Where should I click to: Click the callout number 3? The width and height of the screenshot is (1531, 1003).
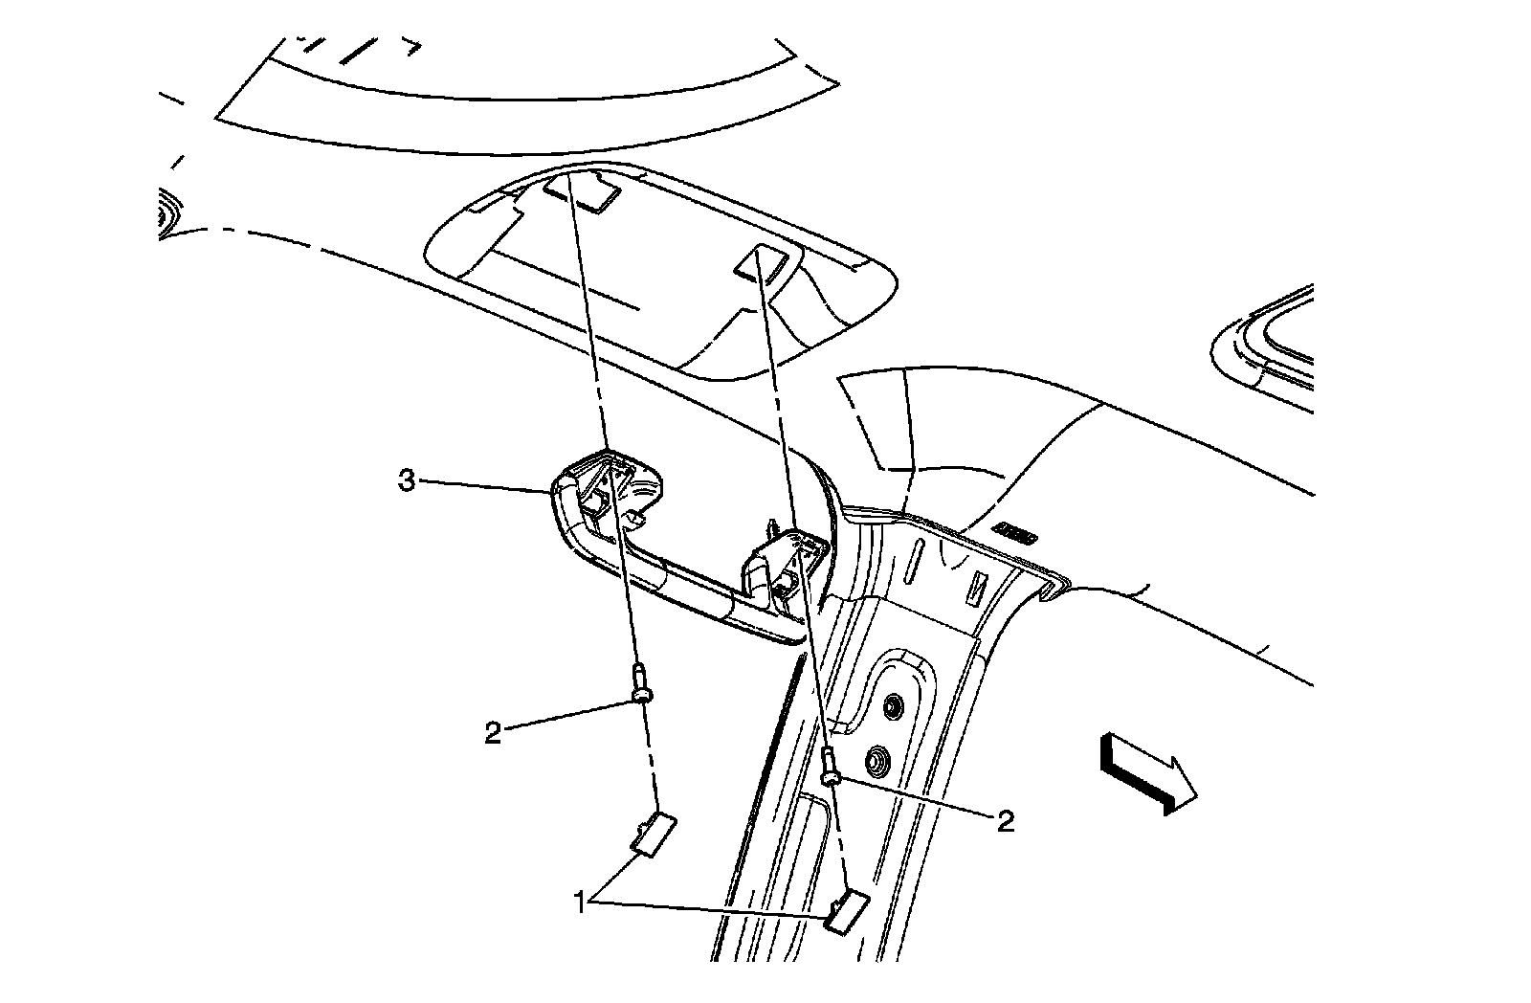pyautogui.click(x=407, y=480)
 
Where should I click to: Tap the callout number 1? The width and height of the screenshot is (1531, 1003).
pyautogui.click(x=579, y=901)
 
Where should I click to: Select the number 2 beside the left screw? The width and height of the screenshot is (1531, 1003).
pyautogui.click(x=493, y=734)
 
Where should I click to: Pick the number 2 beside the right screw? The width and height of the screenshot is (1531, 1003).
pyautogui.click(x=1005, y=820)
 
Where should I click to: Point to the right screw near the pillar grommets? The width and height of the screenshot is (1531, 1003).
pyautogui.click(x=831, y=766)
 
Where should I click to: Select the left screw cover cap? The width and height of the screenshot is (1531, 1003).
pyautogui.click(x=653, y=831)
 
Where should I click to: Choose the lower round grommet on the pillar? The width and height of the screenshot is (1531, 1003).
pyautogui.click(x=875, y=763)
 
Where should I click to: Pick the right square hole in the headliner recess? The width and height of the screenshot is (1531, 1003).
pyautogui.click(x=763, y=264)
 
